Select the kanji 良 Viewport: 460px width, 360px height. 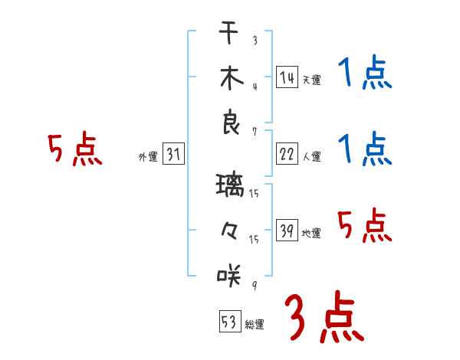coord(229,123)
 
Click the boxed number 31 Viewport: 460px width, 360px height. coord(173,155)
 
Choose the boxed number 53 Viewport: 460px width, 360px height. coord(228,322)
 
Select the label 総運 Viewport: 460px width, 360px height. coord(255,325)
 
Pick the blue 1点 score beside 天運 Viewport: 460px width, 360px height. coord(365,74)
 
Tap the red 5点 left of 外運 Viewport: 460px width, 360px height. coord(74,149)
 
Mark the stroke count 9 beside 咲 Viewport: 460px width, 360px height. coord(254,286)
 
